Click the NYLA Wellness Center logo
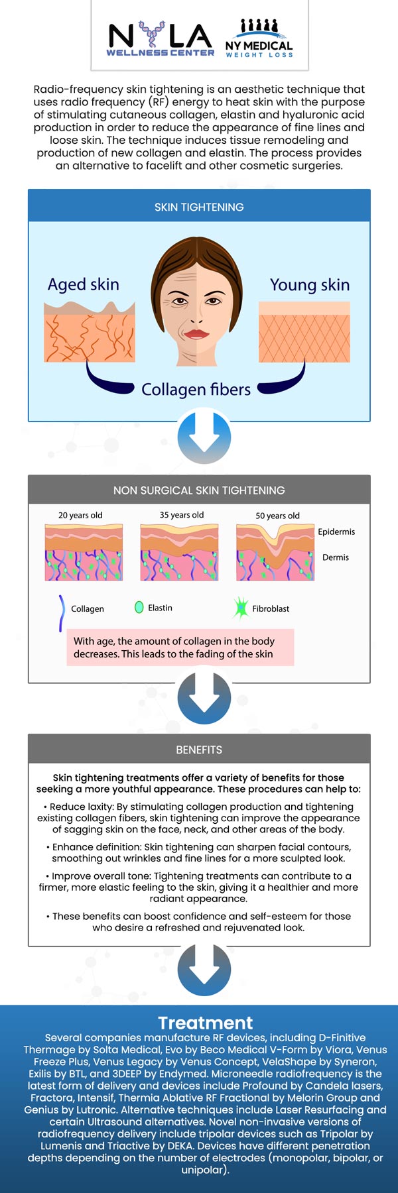coord(161,39)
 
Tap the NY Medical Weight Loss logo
coord(259,38)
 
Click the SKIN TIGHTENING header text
coord(199,207)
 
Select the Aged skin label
coord(84,284)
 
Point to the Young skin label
coord(310,285)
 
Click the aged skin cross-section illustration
coord(90,331)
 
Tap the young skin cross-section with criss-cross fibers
coord(304,332)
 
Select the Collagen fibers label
coord(196,390)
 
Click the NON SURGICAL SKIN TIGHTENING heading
coord(199,490)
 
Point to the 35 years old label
coord(182,515)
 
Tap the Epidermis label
coord(336,532)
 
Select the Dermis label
coord(336,557)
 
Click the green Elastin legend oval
coord(139,607)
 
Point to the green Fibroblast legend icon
coord(240,608)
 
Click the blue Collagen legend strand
coord(62,613)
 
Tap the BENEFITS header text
coord(199,750)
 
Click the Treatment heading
coord(206,1023)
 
